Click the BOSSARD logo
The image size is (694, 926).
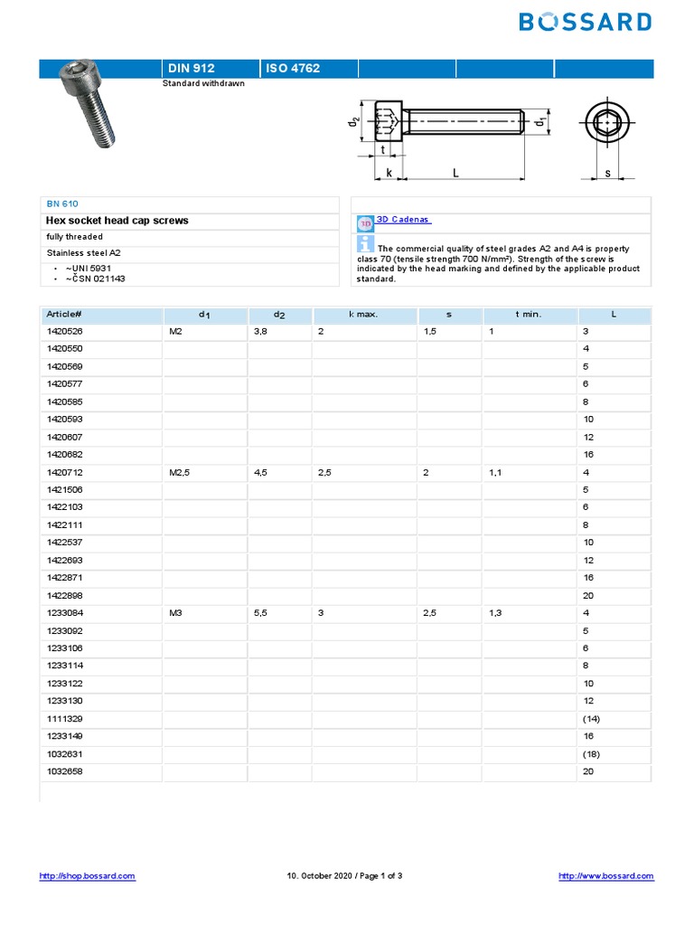[585, 22]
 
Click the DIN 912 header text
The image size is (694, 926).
[192, 68]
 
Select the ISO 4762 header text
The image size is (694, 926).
[293, 68]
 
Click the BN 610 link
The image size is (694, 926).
[62, 203]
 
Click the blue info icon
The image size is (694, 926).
[366, 243]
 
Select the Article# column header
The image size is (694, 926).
[64, 314]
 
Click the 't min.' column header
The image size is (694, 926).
[528, 314]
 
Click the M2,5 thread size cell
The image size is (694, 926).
[181, 472]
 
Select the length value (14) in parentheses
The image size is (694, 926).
[592, 719]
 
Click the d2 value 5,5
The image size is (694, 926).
[261, 613]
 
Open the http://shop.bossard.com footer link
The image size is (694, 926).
[88, 875]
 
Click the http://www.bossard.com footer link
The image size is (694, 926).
[605, 875]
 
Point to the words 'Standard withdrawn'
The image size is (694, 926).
[203, 83]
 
